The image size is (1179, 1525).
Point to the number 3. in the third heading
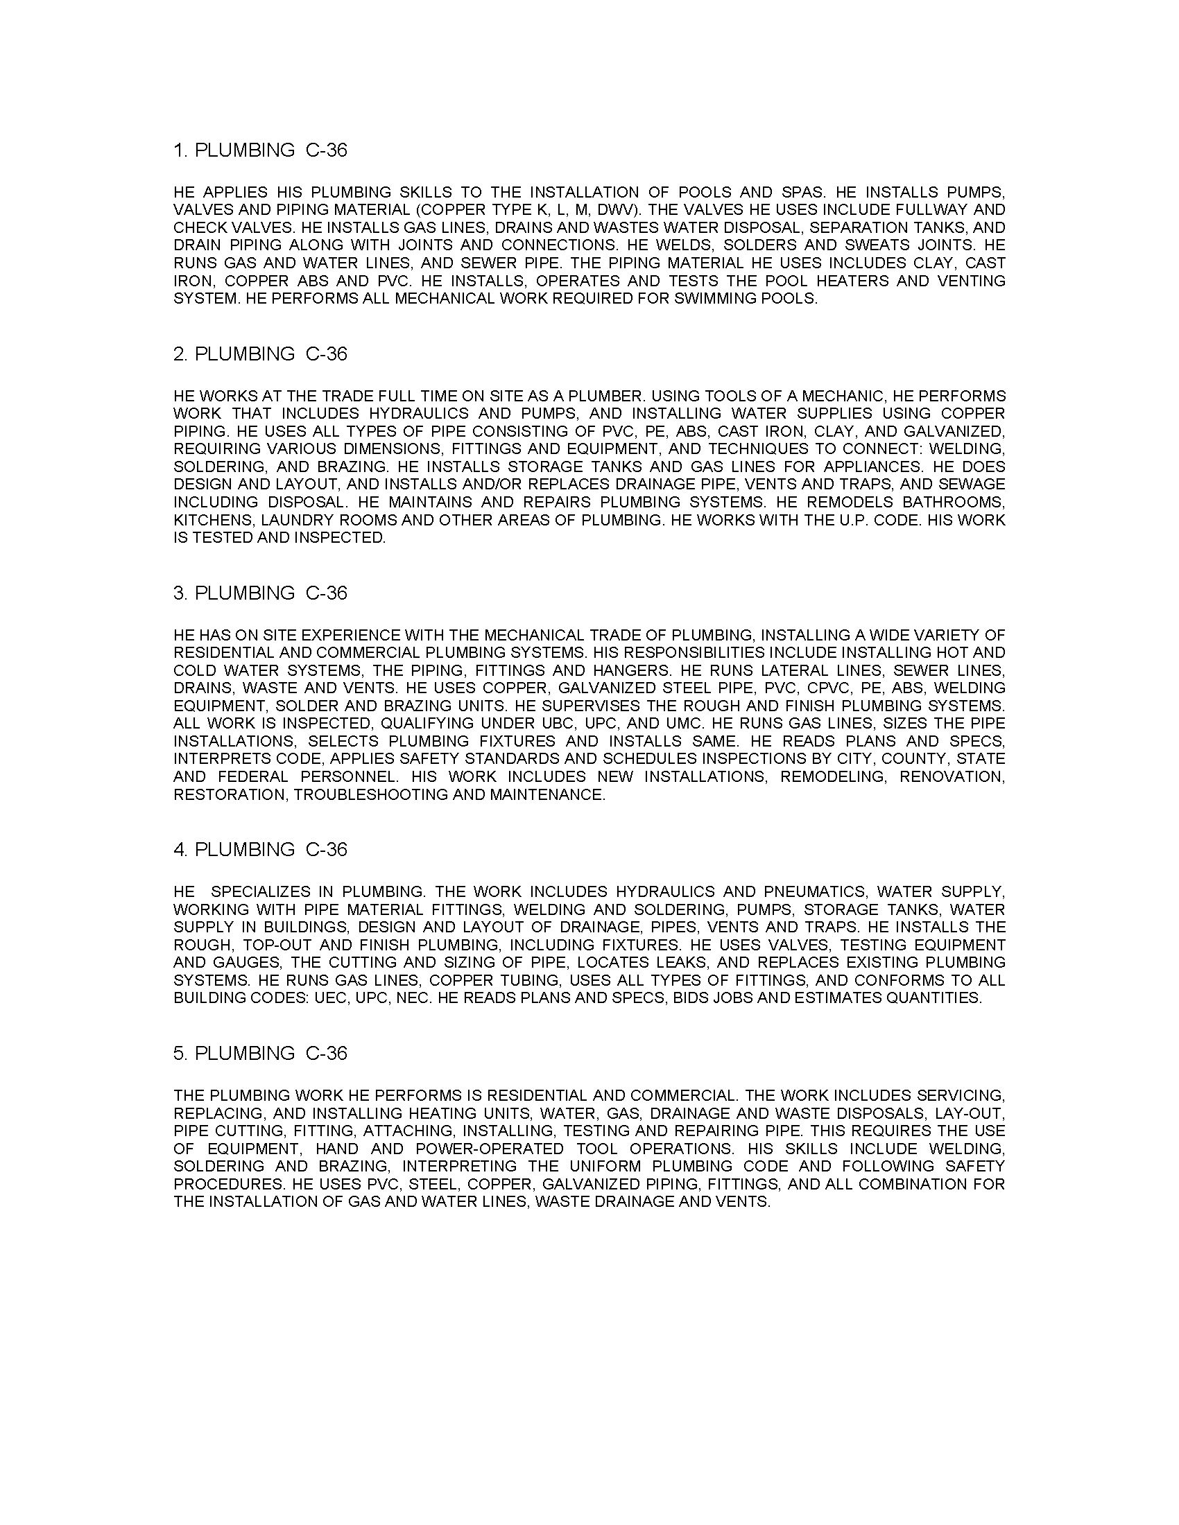[x=181, y=593]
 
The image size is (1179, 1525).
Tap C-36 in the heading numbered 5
[x=326, y=1053]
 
